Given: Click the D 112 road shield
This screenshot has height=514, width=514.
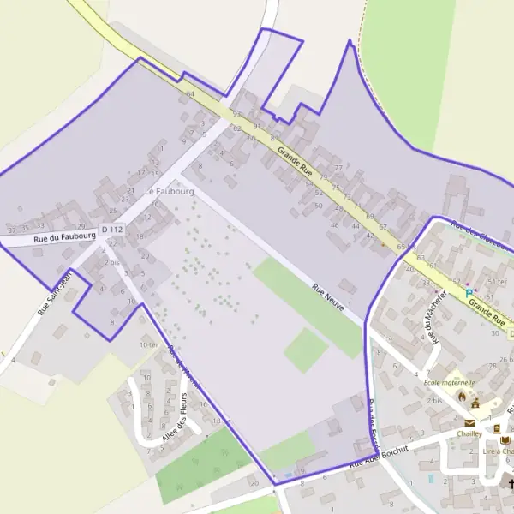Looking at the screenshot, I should [x=112, y=230].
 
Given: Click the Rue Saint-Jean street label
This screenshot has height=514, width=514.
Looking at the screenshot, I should [x=53, y=294].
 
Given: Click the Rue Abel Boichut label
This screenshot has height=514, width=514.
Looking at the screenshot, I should [x=383, y=455].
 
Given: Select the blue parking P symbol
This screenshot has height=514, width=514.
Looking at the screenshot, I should [x=469, y=293].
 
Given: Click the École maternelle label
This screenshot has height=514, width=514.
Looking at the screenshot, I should [x=450, y=382].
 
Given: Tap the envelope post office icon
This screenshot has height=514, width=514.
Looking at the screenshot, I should [x=469, y=422].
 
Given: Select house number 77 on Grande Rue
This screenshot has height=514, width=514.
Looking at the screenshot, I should [x=338, y=168].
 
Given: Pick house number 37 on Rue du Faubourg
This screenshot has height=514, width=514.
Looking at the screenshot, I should [x=11, y=230].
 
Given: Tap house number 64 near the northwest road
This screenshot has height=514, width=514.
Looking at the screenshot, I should [x=190, y=93].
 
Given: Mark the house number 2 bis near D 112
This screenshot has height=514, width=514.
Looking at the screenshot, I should [x=112, y=261].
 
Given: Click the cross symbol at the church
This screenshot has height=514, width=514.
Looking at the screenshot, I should [x=511, y=485].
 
